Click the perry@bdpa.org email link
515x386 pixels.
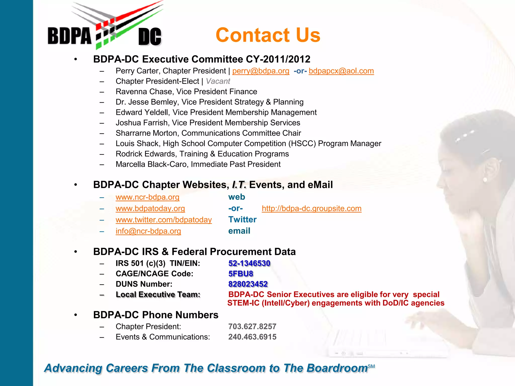click(261, 71)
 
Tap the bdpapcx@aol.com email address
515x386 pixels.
click(341, 71)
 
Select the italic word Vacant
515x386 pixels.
click(218, 81)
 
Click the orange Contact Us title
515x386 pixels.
click(268, 35)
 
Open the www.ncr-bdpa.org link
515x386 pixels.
click(147, 197)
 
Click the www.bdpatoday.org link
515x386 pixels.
click(150, 209)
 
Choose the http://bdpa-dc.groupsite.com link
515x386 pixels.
click(311, 209)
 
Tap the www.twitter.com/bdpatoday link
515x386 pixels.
click(163, 220)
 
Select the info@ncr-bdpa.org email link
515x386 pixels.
click(148, 231)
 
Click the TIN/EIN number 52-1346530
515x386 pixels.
click(249, 263)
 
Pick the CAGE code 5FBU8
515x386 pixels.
click(240, 274)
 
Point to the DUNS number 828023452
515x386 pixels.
click(248, 284)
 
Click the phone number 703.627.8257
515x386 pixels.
click(252, 326)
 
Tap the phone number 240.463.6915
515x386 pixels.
click(252, 337)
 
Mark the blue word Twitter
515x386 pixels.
click(242, 220)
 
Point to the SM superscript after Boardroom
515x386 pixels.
click(371, 366)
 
